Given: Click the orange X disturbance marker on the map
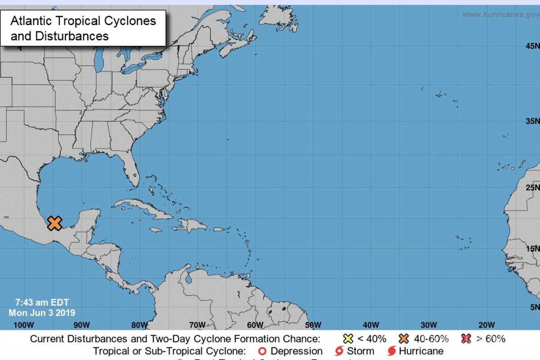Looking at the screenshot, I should [54, 223].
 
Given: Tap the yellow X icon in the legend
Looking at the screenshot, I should [347, 339].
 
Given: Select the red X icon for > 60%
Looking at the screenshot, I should [467, 339].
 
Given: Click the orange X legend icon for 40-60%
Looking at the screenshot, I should [404, 339].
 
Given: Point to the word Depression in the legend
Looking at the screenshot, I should [297, 351].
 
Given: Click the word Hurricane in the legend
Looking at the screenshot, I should [421, 351].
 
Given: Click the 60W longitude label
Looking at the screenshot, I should [255, 325].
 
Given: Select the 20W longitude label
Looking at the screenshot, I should [486, 325].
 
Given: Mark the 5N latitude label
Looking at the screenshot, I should [534, 307].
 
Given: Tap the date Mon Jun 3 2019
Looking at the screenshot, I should [42, 312].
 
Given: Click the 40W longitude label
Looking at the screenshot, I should [370, 325].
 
